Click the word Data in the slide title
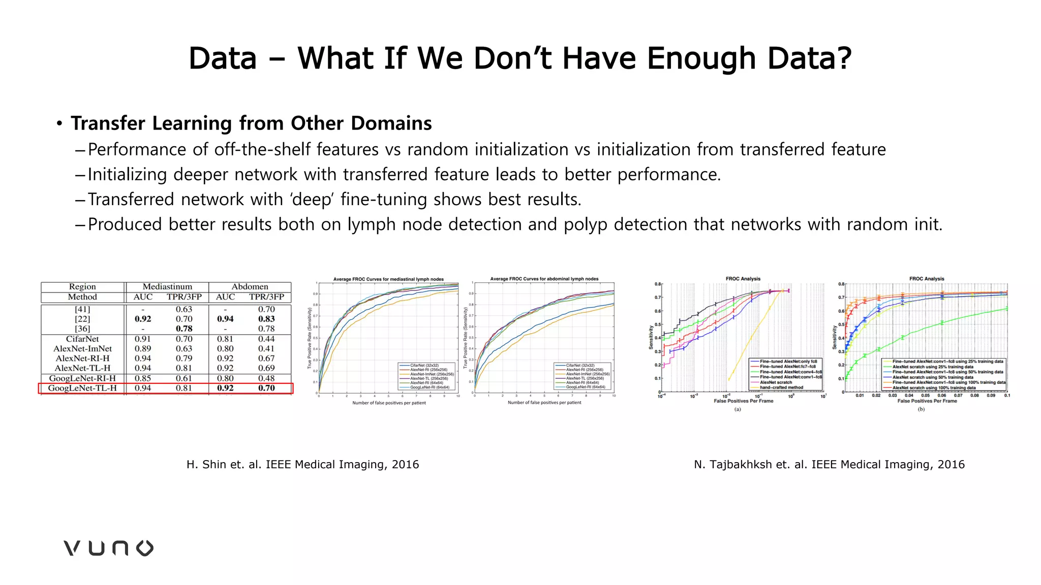223,58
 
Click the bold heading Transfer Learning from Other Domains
251,123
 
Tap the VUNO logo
108,548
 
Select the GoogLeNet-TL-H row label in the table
82,388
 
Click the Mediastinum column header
167,286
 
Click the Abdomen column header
250,286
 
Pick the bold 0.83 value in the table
266,319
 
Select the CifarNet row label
82,339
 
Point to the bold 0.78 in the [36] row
184,329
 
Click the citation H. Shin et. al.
302,464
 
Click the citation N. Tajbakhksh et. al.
829,464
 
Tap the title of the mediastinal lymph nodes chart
388,279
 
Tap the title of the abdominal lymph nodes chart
544,279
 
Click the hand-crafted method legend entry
781,387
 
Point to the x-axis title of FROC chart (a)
743,401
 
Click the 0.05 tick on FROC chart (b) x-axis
925,395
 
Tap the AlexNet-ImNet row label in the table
82,348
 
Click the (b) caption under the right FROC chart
921,409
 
